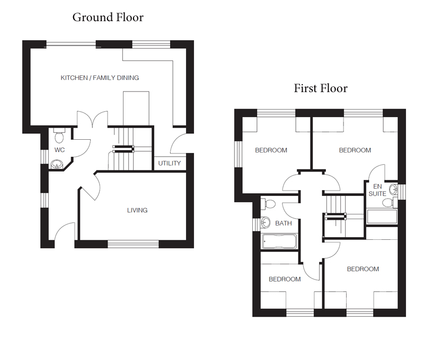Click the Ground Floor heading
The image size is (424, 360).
pyautogui.click(x=108, y=17)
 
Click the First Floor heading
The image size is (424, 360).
pyautogui.click(x=321, y=88)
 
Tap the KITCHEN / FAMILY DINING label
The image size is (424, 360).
pyautogui.click(x=100, y=78)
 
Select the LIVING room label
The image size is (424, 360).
pyautogui.click(x=137, y=210)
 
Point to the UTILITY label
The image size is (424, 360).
pyautogui.click(x=170, y=163)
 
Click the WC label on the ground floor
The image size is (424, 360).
pyautogui.click(x=59, y=150)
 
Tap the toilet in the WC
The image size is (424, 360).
pyautogui.click(x=59, y=136)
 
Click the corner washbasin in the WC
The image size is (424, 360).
pyautogui.click(x=57, y=164)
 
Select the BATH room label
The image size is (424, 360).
pyautogui.click(x=284, y=223)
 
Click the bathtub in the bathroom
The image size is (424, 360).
pyautogui.click(x=280, y=241)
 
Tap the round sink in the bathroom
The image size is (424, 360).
pyautogui.click(x=266, y=223)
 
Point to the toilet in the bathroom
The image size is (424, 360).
pyautogui.click(x=269, y=204)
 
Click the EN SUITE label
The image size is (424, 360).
pyautogui.click(x=377, y=190)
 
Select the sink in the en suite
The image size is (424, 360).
pyautogui.click(x=393, y=190)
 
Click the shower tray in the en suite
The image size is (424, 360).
pyautogui.click(x=382, y=217)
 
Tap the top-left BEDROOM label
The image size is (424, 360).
pyautogui.click(x=271, y=150)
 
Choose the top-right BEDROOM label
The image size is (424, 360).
pyautogui.click(x=355, y=150)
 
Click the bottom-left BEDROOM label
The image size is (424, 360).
pyautogui.click(x=285, y=279)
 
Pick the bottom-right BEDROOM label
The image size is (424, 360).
pyautogui.click(x=363, y=269)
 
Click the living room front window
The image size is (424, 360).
pyautogui.click(x=133, y=245)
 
